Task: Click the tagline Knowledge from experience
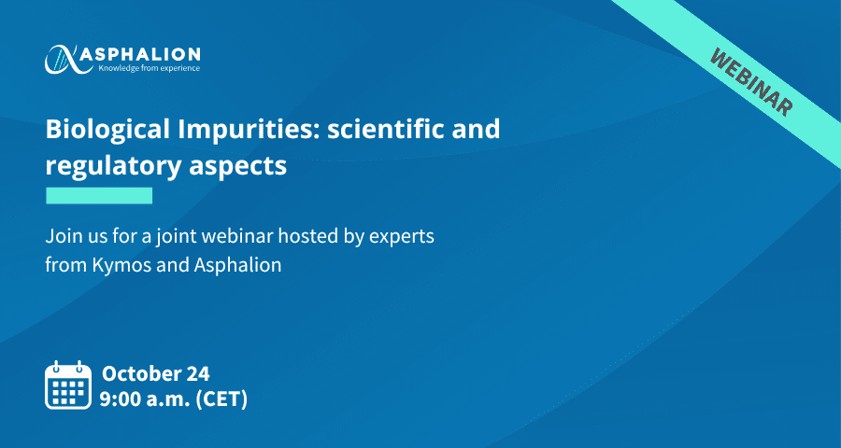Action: point(149,68)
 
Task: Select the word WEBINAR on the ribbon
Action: point(751,81)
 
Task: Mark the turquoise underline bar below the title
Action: point(99,196)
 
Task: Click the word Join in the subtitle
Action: point(61,237)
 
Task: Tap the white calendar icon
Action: point(67,385)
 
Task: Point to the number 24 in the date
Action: point(198,373)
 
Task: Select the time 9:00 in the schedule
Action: point(119,399)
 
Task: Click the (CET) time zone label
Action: point(222,400)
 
